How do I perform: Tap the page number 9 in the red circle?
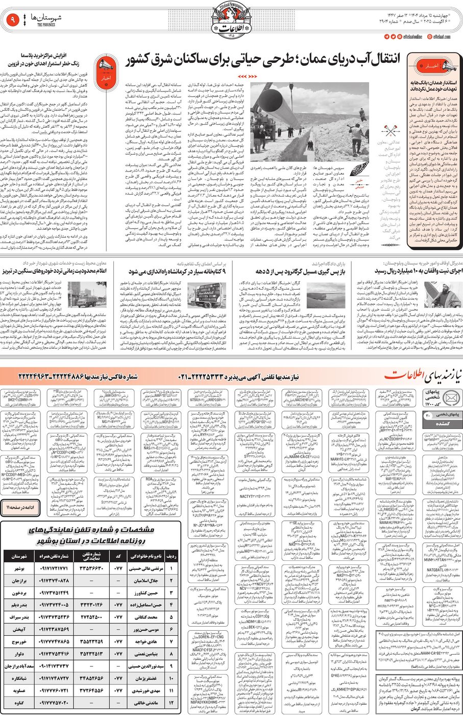coord(13,20)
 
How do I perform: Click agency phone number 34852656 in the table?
coord(92,678)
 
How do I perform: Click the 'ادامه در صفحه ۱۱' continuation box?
coord(20,507)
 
